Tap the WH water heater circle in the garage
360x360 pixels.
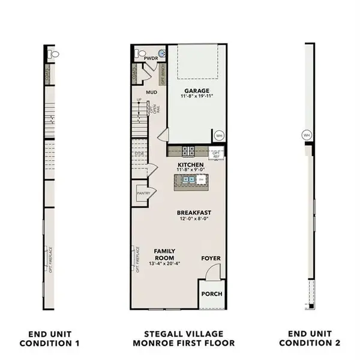[218, 134]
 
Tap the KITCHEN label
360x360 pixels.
[190, 164]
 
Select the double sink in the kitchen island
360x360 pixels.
[189, 179]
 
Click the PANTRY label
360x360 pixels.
[143, 193]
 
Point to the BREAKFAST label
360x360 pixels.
[194, 212]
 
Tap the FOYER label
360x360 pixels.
[211, 259]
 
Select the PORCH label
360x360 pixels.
[212, 294]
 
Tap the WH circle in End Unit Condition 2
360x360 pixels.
[307, 135]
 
